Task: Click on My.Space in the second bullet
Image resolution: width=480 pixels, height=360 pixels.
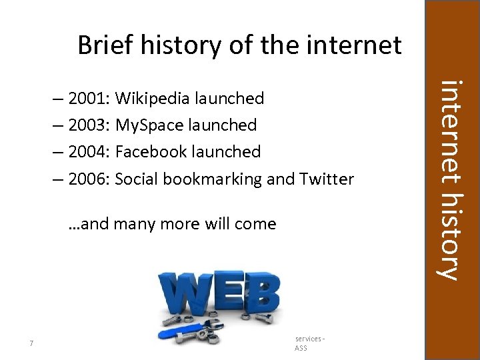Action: (x=147, y=125)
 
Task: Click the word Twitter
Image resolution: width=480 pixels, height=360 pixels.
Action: (x=327, y=179)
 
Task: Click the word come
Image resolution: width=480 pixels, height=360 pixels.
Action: (x=255, y=223)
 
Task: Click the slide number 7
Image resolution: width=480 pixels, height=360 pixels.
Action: (x=32, y=344)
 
